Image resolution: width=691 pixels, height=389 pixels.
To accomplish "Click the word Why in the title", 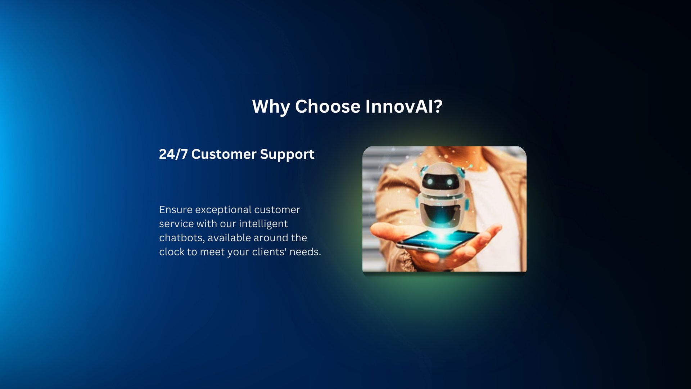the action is (270, 107).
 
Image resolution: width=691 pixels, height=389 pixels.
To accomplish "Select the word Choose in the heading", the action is (328, 107).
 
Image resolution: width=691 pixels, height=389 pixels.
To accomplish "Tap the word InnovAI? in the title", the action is (404, 107).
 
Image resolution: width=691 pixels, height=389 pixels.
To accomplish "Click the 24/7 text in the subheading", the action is (173, 154).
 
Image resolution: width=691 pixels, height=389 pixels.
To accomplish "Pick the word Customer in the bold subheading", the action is (223, 154).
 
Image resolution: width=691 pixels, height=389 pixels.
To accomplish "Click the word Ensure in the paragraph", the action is (176, 210).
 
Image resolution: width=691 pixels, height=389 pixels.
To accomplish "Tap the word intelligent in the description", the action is (263, 224).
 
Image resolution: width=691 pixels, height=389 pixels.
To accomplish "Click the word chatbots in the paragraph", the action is (182, 238).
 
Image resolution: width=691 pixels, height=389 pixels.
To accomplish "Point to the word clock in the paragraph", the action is (172, 252).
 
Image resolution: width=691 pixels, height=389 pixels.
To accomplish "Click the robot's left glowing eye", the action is (430, 182).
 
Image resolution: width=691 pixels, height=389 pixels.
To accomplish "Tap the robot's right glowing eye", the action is (449, 183).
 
